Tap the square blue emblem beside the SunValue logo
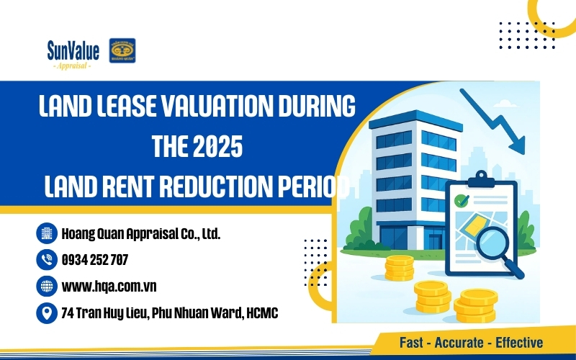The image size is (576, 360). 122,51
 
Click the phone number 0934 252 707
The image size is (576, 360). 95,259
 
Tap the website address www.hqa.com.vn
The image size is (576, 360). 109,287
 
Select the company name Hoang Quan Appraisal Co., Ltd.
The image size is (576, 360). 140,233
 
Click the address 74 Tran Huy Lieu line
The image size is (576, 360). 170,313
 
